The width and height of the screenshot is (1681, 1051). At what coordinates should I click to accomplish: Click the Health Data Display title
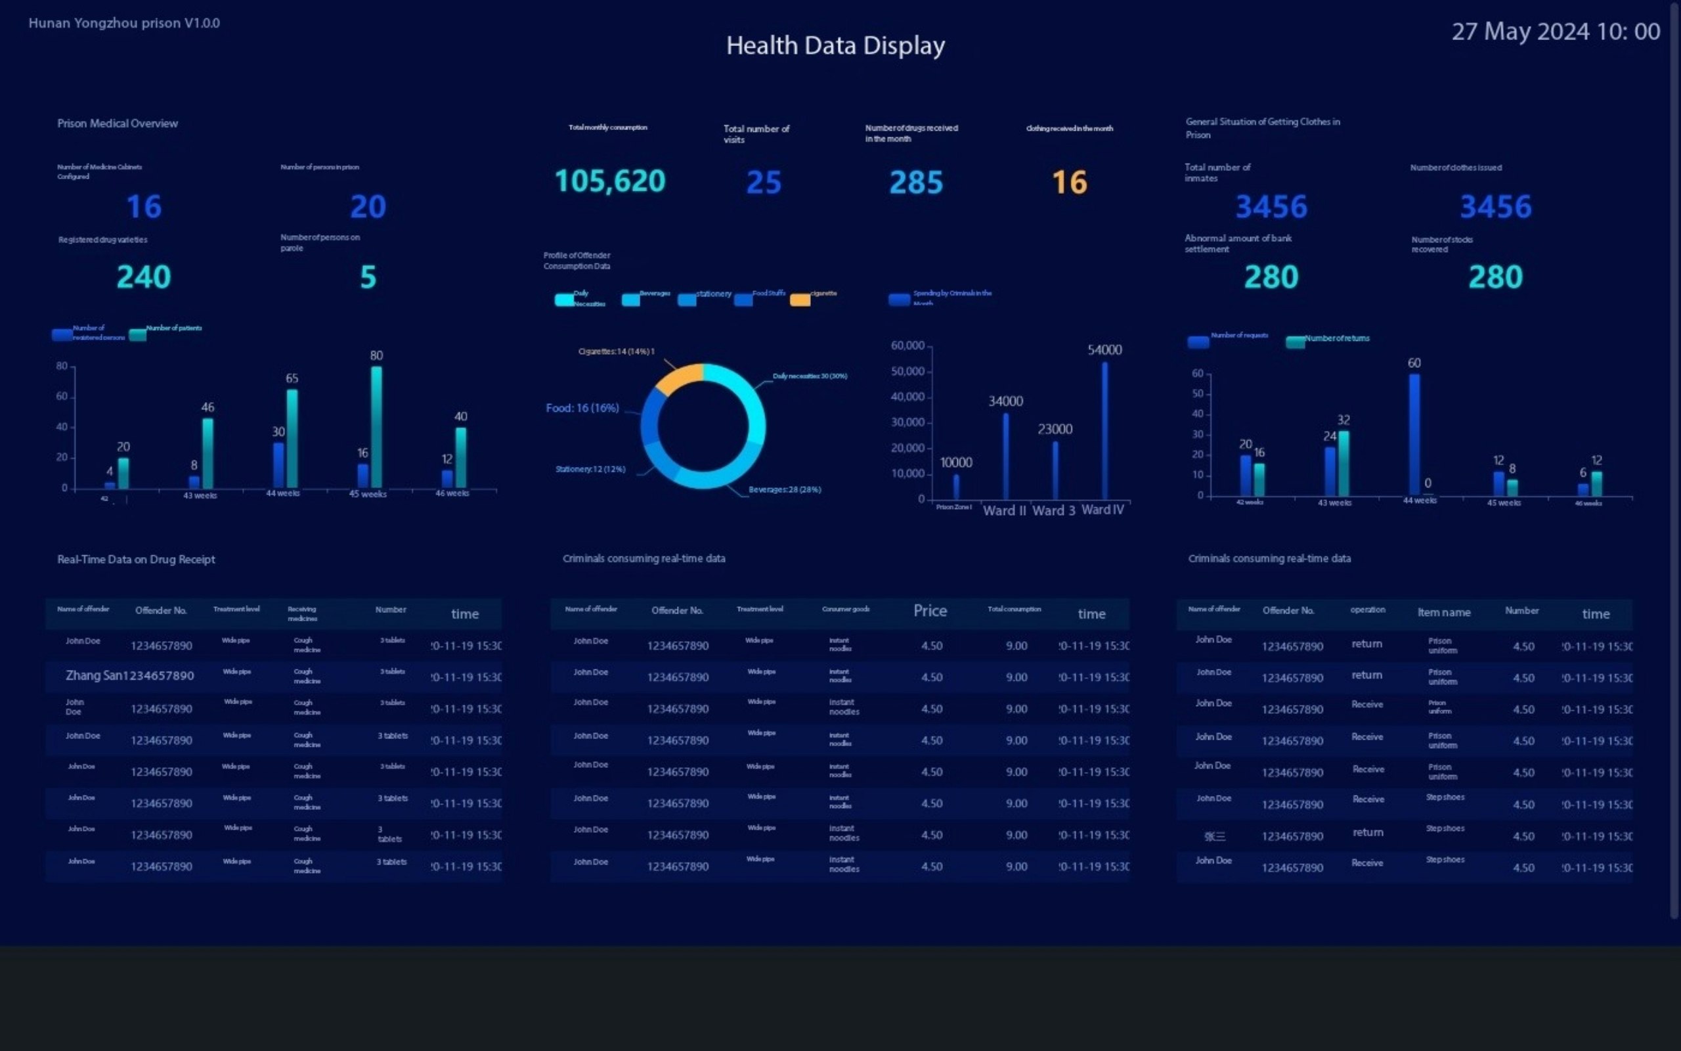click(835, 46)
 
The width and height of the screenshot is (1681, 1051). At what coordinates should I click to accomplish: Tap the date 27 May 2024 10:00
click(1556, 32)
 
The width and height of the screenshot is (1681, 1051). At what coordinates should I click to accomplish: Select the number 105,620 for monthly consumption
click(610, 181)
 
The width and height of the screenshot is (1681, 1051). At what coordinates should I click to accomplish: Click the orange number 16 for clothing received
click(1069, 183)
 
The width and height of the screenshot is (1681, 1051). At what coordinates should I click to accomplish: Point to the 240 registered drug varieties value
click(144, 277)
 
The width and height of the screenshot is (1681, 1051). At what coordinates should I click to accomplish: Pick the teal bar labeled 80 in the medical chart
click(376, 428)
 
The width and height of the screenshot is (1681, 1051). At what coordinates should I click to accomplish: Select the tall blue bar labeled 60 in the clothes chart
click(1414, 434)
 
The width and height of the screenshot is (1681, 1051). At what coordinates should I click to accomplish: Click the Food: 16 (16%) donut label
click(582, 408)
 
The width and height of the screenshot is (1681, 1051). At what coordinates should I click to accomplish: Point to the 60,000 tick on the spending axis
click(907, 346)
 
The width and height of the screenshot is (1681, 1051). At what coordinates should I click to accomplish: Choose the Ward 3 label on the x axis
click(1053, 511)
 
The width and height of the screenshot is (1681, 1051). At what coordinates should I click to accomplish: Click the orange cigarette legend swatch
click(800, 300)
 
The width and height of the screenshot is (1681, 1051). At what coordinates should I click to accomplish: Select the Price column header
click(930, 611)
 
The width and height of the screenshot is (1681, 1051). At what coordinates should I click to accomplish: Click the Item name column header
click(1443, 612)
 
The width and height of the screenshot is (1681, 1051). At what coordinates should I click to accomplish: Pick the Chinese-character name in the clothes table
click(1214, 836)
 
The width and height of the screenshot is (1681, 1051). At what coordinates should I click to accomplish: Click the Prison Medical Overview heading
click(118, 123)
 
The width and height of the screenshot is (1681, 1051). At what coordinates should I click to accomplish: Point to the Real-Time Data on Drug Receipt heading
click(136, 560)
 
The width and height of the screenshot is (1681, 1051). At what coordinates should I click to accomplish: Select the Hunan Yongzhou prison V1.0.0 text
click(123, 23)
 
